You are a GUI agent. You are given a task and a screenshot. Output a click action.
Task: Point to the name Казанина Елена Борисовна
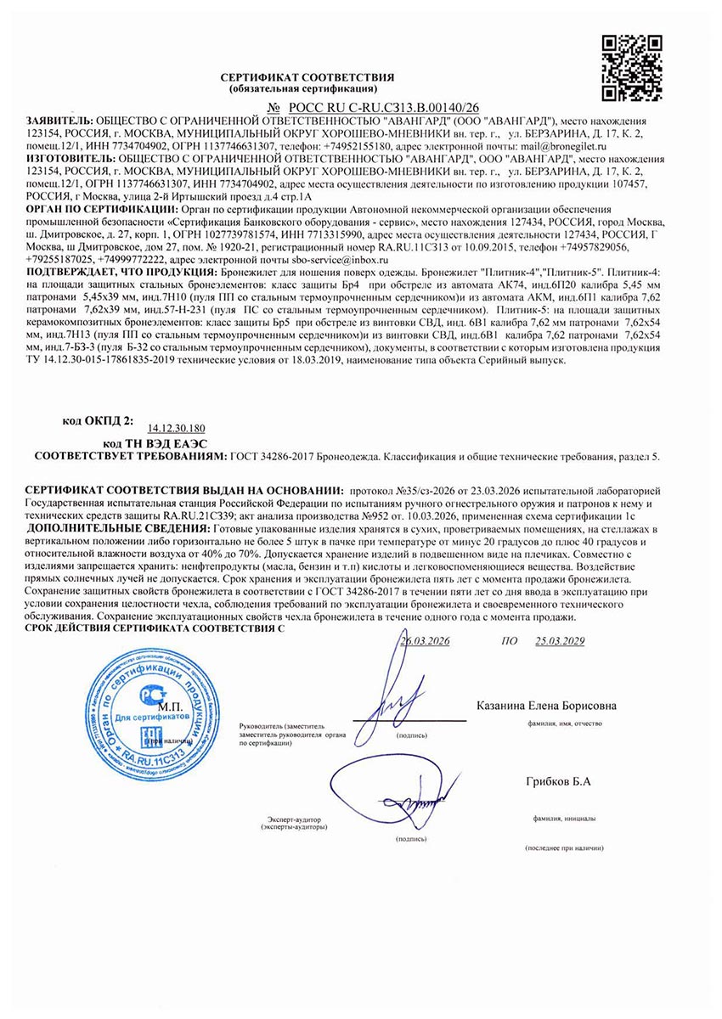[x=547, y=706]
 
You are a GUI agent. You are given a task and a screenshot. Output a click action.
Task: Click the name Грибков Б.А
[x=558, y=780]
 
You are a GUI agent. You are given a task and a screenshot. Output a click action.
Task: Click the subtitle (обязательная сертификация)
[x=303, y=88]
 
